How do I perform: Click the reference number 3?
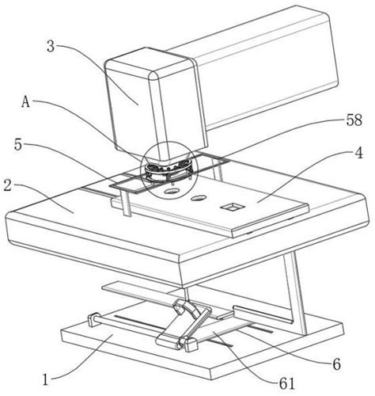point(51,47)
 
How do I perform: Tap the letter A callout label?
point(25,101)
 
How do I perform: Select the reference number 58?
point(354,120)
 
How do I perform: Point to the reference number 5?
point(18,144)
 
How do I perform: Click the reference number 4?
point(358,153)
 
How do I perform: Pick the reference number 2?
point(8,185)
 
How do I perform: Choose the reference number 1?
point(46,380)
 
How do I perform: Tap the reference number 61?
point(287,384)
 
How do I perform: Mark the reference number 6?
point(336,364)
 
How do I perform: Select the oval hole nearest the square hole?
point(199,197)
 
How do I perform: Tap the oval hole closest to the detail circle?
point(171,191)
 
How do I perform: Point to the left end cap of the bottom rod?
point(93,319)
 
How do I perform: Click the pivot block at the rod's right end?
point(191,345)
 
